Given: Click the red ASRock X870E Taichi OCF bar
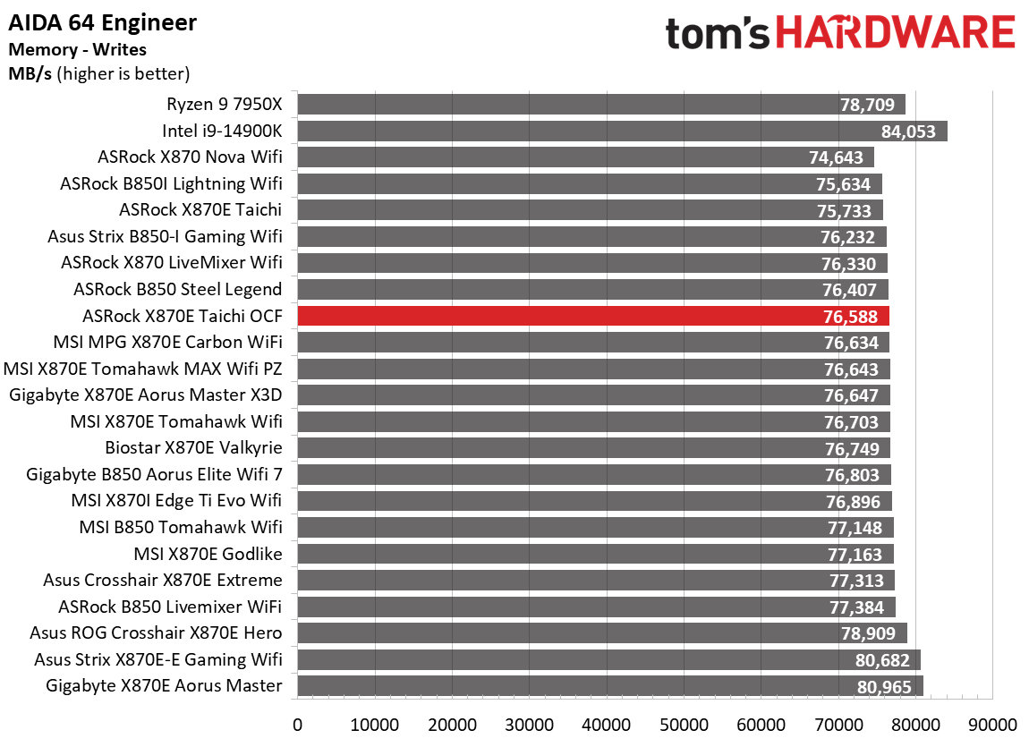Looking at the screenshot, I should pyautogui.click(x=592, y=316).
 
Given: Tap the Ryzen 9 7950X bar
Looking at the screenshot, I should pyautogui.click(x=601, y=105).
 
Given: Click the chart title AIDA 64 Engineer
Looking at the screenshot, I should pyautogui.click(x=102, y=22).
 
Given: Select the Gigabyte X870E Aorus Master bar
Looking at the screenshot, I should pyautogui.click(x=609, y=686).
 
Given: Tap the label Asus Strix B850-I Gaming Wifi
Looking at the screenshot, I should pyautogui.click(x=165, y=237).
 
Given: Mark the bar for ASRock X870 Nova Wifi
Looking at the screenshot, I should pyautogui.click(x=585, y=157).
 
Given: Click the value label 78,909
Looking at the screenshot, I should pyautogui.click(x=868, y=634).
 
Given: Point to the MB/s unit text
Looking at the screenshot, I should pyautogui.click(x=30, y=73).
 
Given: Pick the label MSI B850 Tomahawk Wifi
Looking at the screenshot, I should pyautogui.click(x=181, y=528).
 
